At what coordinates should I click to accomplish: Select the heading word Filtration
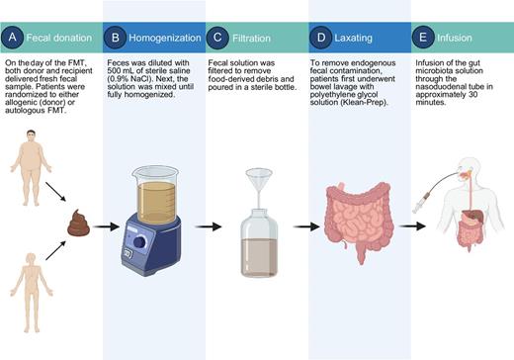coord(255,40)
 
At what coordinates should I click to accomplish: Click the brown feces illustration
coord(78,225)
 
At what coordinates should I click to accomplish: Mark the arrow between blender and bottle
coord(206,226)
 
